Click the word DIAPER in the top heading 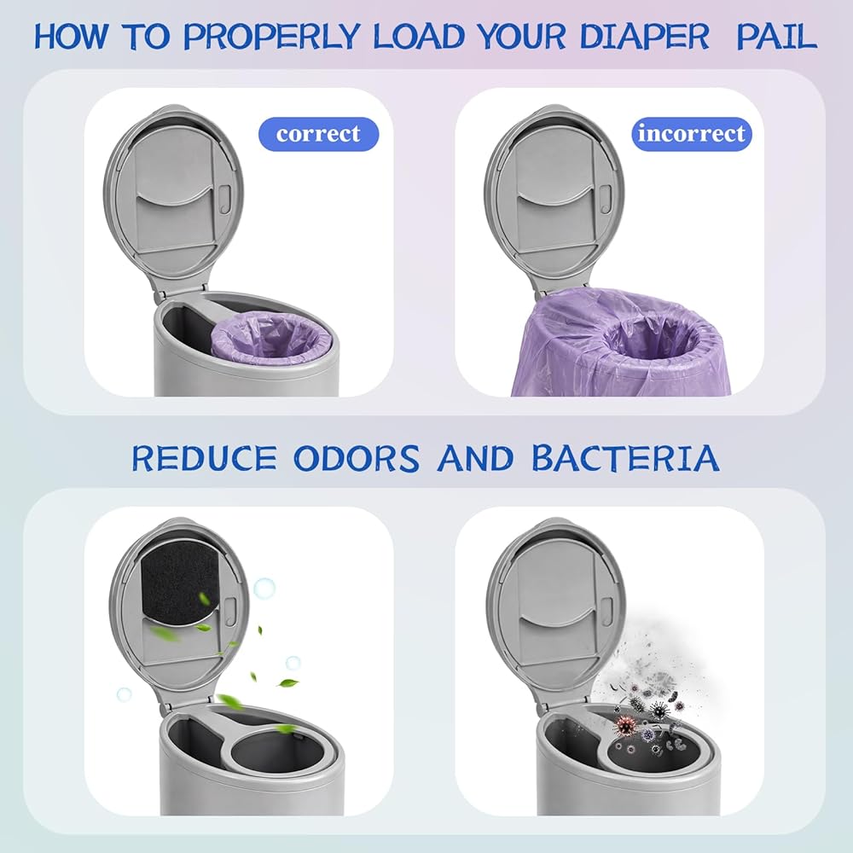point(644,37)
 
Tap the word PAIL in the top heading point(776,37)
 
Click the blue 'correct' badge point(318,134)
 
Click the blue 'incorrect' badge point(692,134)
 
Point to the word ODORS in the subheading point(357,458)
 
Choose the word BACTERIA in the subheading point(625,458)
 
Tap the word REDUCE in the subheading point(204,458)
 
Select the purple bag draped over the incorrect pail point(620,344)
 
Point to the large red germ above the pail point(625,725)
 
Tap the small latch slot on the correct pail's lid point(225,197)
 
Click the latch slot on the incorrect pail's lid point(605,197)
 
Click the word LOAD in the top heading point(419,37)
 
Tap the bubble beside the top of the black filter point(264,588)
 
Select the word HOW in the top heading point(71,37)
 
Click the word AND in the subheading point(475,458)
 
